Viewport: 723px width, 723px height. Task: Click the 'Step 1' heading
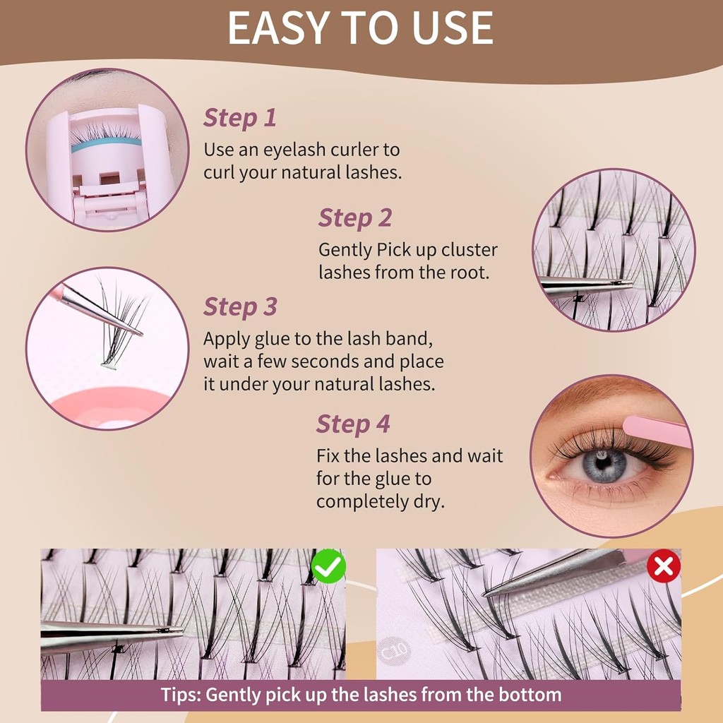pos(240,118)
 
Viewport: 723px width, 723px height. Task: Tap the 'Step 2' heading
pos(355,218)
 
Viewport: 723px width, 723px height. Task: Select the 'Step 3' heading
pos(240,307)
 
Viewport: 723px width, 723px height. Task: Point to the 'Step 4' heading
pos(353,424)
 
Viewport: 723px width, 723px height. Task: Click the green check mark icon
pos(328,566)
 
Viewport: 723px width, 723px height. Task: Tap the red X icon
pos(664,566)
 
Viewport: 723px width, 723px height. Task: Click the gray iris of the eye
pos(603,466)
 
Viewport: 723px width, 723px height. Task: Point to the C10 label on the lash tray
pos(394,650)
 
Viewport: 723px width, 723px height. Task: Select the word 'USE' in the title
pos(453,28)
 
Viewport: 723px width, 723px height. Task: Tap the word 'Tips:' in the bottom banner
pos(181,695)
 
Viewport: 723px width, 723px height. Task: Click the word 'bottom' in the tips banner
pos(530,694)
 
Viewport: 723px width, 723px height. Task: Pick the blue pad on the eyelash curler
pos(106,144)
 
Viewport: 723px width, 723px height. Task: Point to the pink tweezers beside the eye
pos(657,431)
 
